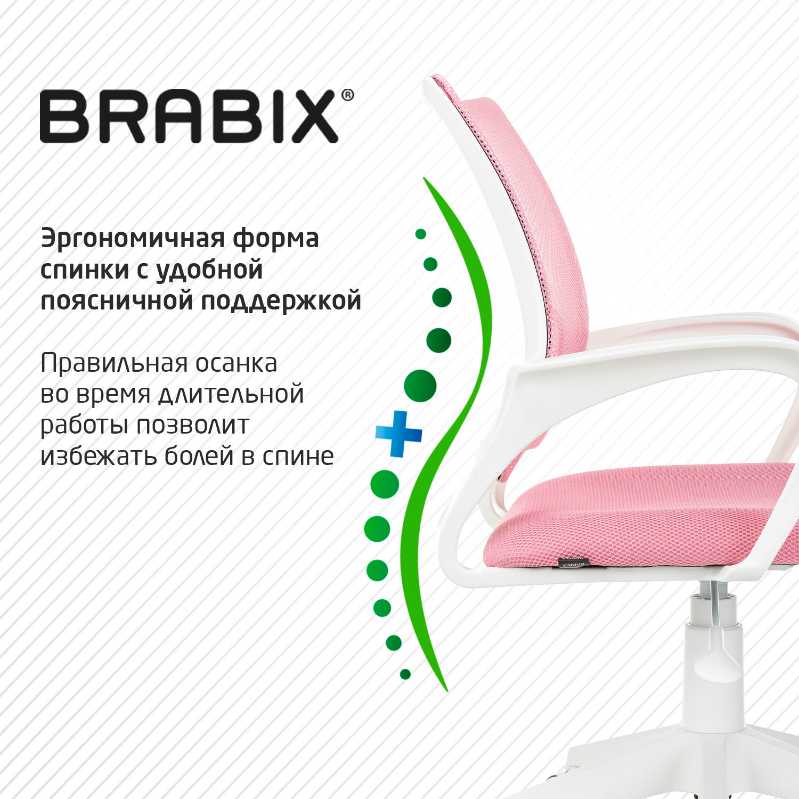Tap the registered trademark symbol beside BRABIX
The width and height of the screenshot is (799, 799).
pos(347,95)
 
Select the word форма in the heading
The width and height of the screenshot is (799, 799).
pos(276,239)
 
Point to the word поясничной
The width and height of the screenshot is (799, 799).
pos(117,301)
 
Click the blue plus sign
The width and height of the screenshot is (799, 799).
pos(399,434)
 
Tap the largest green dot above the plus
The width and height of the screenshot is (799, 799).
pos(420,386)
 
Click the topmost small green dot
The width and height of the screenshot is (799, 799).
pos(421,234)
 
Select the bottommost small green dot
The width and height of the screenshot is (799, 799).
pos(405,674)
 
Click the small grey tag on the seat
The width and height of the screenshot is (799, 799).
pos(572,563)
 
